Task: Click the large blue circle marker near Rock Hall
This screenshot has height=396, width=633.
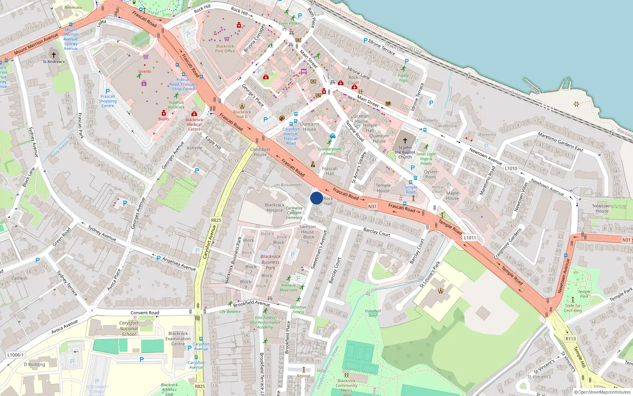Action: tap(316, 198)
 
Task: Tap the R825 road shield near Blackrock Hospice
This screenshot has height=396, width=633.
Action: tap(216, 220)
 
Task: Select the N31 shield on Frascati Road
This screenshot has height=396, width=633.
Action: tap(372, 206)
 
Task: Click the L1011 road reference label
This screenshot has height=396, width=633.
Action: tap(470, 238)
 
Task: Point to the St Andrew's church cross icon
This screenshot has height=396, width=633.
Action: tap(54, 55)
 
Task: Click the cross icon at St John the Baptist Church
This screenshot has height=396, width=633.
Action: tap(405, 140)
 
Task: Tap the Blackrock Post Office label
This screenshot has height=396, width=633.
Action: tap(225, 48)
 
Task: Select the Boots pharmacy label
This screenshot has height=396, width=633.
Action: tap(163, 119)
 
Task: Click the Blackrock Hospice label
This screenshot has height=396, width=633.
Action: tap(275, 208)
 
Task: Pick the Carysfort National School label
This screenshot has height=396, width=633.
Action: tap(129, 328)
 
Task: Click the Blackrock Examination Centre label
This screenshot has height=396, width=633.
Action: tap(178, 339)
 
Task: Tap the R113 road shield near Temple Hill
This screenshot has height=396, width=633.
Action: tap(570, 339)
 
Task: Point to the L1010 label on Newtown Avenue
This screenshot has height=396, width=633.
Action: tap(511, 168)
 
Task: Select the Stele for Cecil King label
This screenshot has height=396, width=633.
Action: tap(573, 308)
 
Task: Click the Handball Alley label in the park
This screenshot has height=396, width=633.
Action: tap(373, 313)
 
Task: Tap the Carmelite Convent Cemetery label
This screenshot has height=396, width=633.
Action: tap(294, 213)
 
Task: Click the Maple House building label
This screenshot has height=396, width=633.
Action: tap(453, 196)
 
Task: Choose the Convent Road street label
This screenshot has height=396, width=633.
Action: tap(145, 313)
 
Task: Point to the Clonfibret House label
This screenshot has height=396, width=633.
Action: tap(260, 152)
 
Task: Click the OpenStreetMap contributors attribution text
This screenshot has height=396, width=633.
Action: tap(604, 392)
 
